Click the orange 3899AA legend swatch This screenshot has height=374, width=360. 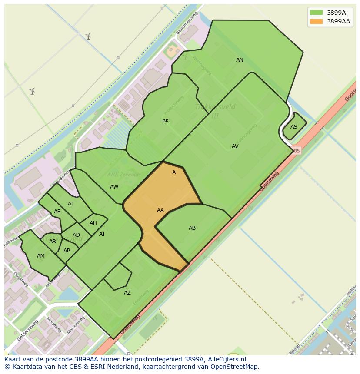tap(316, 21)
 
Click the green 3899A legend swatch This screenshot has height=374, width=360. tap(316, 13)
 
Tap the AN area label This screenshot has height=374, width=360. tap(240, 60)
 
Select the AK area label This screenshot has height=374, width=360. tap(166, 121)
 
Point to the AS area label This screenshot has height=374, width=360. tap(294, 127)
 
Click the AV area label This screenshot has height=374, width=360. tap(235, 146)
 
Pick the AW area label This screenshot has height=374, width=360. tap(114, 187)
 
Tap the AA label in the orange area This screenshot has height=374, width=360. tap(160, 210)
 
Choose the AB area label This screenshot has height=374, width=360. tap(192, 228)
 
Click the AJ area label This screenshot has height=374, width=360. tap(70, 204)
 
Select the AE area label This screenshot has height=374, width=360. tap(57, 212)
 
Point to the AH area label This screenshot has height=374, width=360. tap(93, 223)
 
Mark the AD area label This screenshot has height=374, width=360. tap(76, 235)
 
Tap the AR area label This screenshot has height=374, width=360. tap(53, 242)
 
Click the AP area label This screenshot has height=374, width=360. tap(67, 251)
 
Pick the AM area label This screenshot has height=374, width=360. tap(41, 256)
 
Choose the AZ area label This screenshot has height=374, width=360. tap(127, 293)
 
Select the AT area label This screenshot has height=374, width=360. tap(102, 234)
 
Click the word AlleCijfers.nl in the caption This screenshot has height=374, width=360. tap(227, 359)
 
